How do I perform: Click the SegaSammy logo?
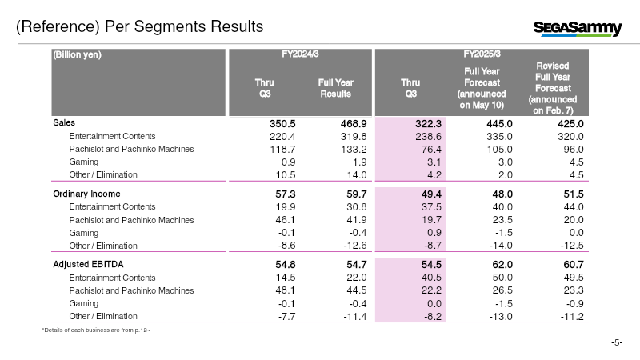click(x=578, y=28)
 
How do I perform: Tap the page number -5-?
click(x=617, y=342)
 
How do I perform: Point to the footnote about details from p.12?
click(x=96, y=330)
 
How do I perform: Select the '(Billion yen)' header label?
click(x=77, y=54)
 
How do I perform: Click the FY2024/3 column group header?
click(x=300, y=54)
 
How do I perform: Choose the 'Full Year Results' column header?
click(x=335, y=88)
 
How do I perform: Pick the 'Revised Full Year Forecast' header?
click(x=553, y=88)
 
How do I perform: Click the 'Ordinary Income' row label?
click(x=86, y=194)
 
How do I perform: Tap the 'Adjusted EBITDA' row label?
click(x=88, y=265)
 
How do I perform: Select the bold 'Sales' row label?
click(x=64, y=123)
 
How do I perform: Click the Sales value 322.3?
click(x=429, y=124)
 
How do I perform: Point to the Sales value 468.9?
click(x=354, y=124)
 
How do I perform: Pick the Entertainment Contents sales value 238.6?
click(x=429, y=136)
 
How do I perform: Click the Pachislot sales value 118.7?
click(x=282, y=150)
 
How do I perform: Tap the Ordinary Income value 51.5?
click(x=574, y=194)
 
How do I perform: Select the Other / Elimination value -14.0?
click(x=501, y=246)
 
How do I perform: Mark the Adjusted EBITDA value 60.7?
click(x=574, y=265)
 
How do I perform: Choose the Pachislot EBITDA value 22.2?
click(x=431, y=290)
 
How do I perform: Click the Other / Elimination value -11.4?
click(x=355, y=316)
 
